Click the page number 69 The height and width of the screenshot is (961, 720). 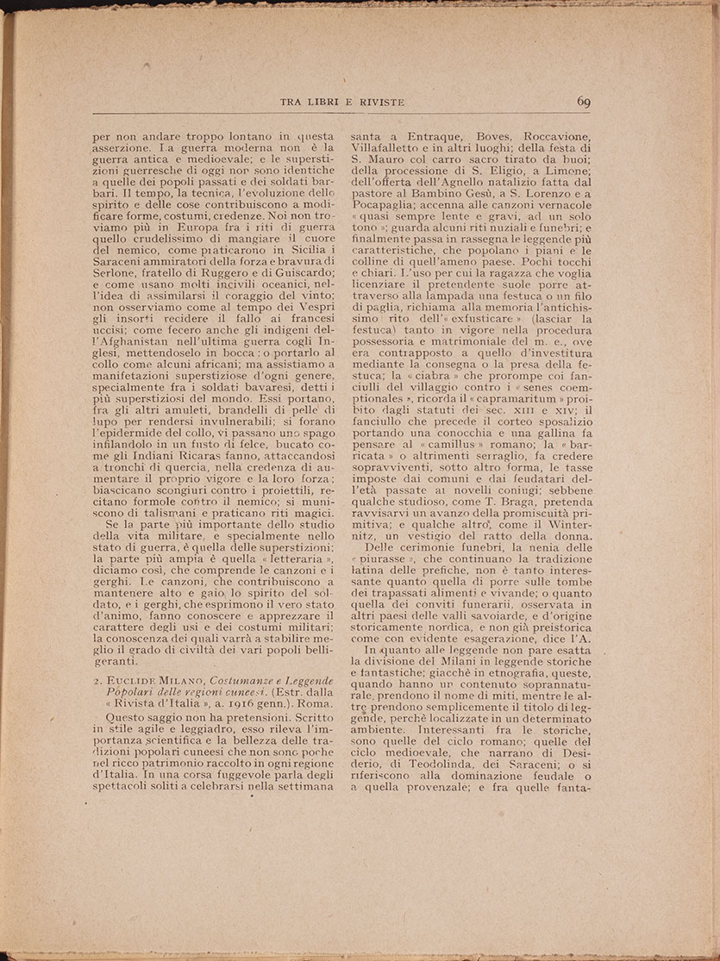[582, 103]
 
